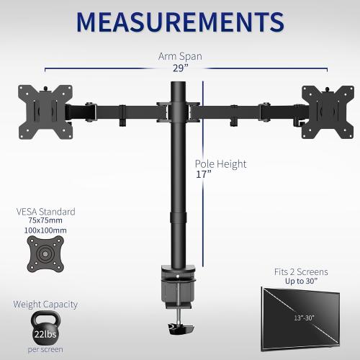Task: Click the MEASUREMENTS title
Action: [180, 21]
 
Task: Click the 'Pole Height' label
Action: [220, 164]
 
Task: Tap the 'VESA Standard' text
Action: [45, 212]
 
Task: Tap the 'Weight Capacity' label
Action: [45, 304]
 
